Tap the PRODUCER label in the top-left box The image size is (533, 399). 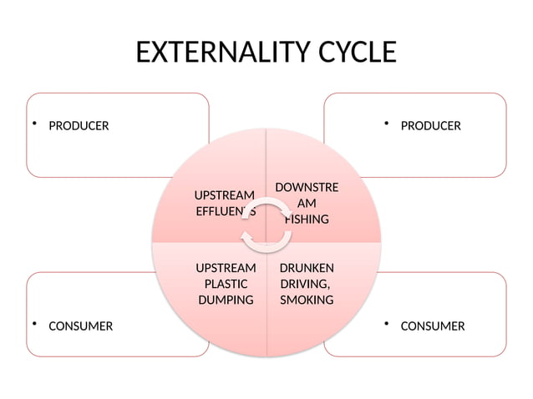tap(79, 126)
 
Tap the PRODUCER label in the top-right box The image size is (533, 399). tap(430, 126)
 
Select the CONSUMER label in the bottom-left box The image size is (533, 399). tap(80, 326)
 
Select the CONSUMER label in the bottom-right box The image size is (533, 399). tap(433, 326)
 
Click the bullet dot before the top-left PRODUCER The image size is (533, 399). tap(35, 124)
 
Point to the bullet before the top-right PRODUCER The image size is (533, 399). tap(388, 124)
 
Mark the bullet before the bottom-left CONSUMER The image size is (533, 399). tap(35, 324)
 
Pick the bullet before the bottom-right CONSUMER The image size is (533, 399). tap(388, 324)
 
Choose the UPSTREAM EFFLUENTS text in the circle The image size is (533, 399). tap(225, 203)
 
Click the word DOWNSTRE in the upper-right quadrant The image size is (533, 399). tap(307, 187)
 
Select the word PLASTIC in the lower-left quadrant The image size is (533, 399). tap(226, 284)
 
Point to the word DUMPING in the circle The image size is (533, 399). tap(226, 300)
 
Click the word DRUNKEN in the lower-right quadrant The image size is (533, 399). tap(307, 268)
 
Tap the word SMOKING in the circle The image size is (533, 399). tap(307, 300)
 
